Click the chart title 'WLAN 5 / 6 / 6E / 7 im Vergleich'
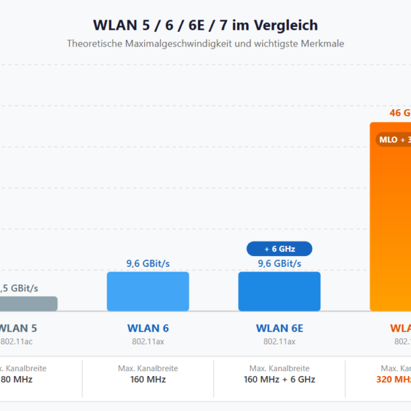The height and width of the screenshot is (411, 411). pos(205,26)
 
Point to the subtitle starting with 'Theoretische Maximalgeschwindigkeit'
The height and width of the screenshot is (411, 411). pos(205,43)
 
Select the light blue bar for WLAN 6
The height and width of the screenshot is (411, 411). pos(148,291)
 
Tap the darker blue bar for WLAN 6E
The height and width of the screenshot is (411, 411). pos(279,291)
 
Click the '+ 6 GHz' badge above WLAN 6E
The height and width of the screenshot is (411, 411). pos(279,249)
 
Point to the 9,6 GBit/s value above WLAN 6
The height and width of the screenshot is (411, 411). pos(148,263)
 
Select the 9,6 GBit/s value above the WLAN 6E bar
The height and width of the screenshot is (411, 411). pos(279,263)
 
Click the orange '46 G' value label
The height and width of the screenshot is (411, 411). pos(400,113)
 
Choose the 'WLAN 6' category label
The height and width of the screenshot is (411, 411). pos(148,329)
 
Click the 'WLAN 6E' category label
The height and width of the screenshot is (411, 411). pos(279,329)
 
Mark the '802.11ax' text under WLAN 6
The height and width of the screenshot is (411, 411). pos(148,342)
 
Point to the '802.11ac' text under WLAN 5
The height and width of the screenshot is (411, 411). pos(16,342)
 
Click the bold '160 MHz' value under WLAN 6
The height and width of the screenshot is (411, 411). pos(148,379)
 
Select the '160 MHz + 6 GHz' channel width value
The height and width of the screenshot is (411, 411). pos(279,379)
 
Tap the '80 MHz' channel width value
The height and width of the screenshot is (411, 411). pos(16,379)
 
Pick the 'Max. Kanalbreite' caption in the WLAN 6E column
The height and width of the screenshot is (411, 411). pos(279,369)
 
